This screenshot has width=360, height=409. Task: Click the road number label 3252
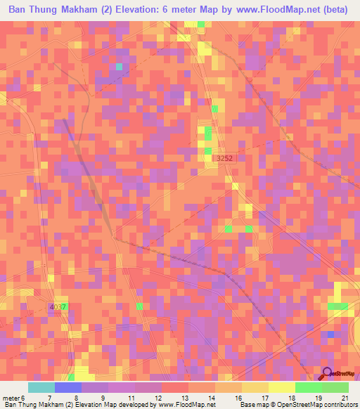pyautogui.click(x=224, y=159)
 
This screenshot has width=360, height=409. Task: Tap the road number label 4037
pyautogui.click(x=59, y=307)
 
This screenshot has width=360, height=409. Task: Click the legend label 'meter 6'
pyautogui.click(x=14, y=398)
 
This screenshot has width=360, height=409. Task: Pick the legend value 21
pyautogui.click(x=345, y=398)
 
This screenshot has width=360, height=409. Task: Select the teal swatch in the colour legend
pyautogui.click(x=41, y=387)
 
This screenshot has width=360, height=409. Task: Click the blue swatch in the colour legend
pyautogui.click(x=68, y=387)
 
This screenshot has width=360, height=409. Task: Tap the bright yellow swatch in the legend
pyautogui.click(x=282, y=387)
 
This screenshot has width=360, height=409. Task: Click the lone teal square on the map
pyautogui.click(x=119, y=67)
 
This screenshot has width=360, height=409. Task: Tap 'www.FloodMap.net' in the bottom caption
pyautogui.click(x=184, y=405)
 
